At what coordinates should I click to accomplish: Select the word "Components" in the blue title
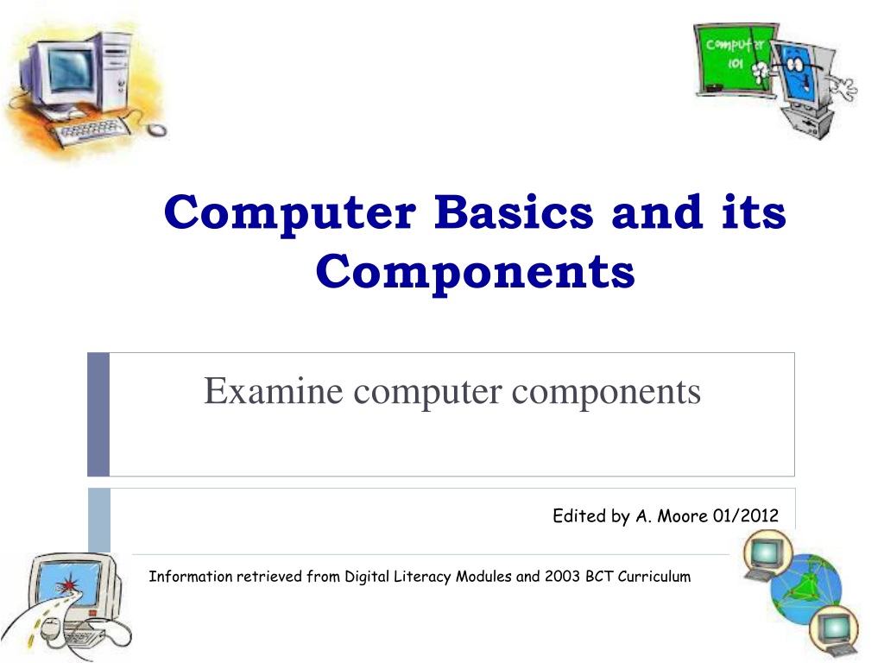point(476,272)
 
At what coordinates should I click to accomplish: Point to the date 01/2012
point(746,516)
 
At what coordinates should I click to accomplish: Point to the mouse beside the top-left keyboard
point(155,129)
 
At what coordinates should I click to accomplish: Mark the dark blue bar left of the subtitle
point(98,414)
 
